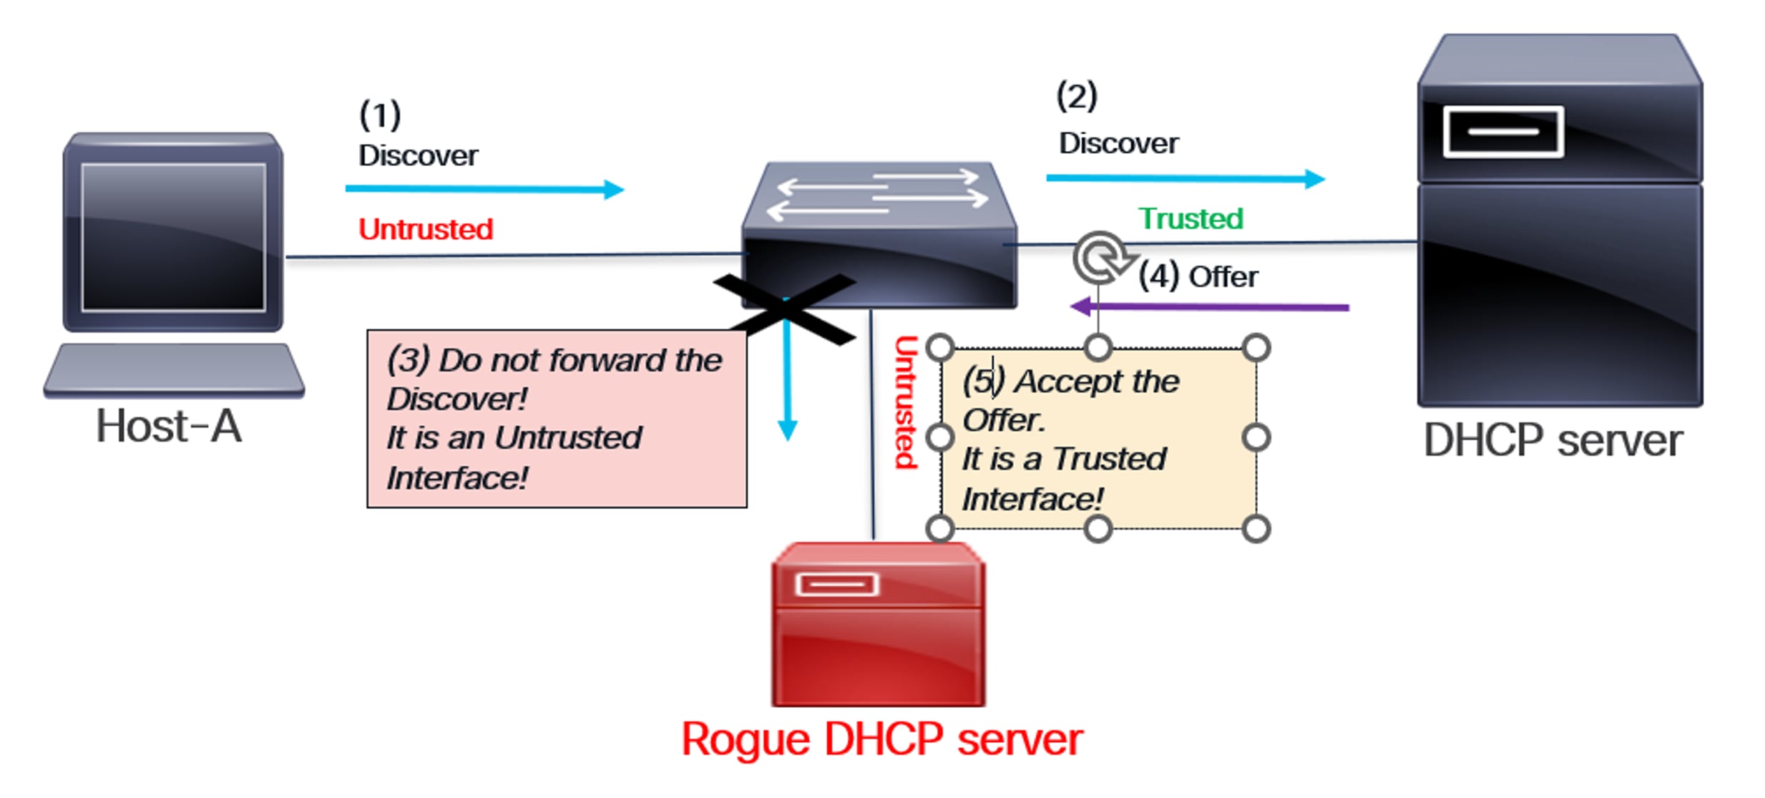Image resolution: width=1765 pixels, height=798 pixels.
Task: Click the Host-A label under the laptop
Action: (169, 427)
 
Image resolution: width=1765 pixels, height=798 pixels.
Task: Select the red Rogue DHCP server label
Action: (881, 739)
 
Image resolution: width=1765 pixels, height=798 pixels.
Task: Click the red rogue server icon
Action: (878, 626)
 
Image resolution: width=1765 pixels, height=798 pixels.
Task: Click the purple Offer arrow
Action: (1209, 307)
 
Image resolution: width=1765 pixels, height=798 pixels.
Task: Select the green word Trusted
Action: (1190, 218)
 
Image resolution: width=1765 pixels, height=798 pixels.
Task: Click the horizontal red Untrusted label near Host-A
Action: (426, 230)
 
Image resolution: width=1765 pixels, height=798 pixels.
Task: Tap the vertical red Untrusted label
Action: (906, 402)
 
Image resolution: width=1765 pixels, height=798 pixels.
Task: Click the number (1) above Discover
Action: (379, 115)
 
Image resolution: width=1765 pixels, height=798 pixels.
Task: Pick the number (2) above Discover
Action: (1076, 97)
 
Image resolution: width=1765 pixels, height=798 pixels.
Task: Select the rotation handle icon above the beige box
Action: (1100, 258)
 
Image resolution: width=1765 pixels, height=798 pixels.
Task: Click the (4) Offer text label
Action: (1198, 277)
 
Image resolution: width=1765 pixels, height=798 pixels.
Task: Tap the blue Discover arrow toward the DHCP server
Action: (1184, 178)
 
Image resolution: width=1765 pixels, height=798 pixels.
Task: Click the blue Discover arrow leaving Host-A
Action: (484, 189)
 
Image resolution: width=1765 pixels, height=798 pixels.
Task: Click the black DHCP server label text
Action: (1553, 441)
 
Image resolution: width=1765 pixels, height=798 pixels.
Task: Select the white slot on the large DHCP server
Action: (1502, 132)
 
